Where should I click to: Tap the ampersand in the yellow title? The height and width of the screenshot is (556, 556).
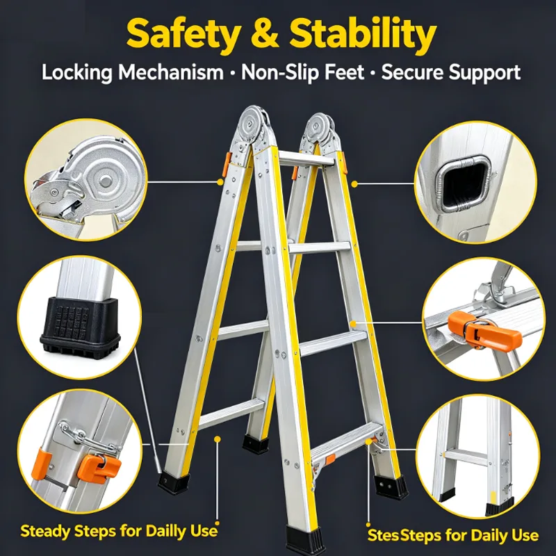pos(265,34)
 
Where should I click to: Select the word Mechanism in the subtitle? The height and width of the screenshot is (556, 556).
pos(171,72)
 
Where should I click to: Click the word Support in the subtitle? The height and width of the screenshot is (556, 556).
pos(484,73)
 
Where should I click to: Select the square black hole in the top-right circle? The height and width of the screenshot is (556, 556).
pos(465,183)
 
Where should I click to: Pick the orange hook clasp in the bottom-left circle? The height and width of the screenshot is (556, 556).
pos(99,468)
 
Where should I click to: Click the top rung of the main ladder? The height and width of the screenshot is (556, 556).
pos(306,158)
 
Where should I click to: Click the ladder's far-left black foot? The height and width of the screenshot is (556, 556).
pos(173,483)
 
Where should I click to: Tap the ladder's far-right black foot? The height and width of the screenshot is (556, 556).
pos(391,487)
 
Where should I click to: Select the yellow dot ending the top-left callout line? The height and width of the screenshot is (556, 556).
pos(220,182)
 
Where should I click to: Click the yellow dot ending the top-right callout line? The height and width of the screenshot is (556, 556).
pos(354,183)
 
